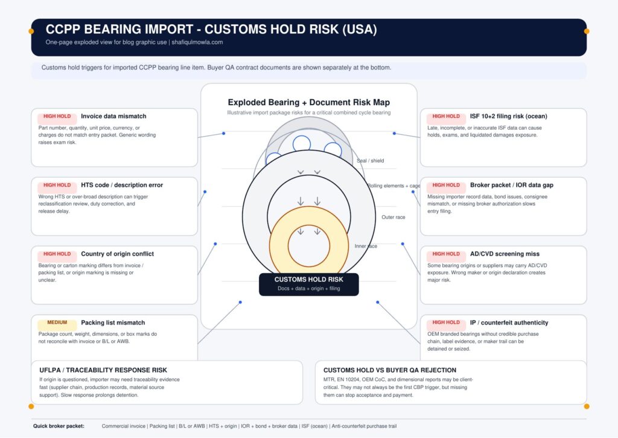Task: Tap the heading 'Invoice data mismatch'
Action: pyautogui.click(x=113, y=117)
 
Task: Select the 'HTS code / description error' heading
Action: pyautogui.click(x=122, y=185)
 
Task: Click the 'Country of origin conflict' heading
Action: pyautogui.click(x=118, y=254)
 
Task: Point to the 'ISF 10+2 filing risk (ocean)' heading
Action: pyautogui.click(x=508, y=117)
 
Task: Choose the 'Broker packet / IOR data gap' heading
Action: pyautogui.click(x=512, y=185)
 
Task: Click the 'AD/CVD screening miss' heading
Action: pyautogui.click(x=505, y=254)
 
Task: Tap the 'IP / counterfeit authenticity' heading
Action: pyautogui.click(x=509, y=323)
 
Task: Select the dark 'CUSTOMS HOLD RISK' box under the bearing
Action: pyautogui.click(x=308, y=284)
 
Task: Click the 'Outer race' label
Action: pyautogui.click(x=393, y=217)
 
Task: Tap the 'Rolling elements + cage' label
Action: pyautogui.click(x=393, y=185)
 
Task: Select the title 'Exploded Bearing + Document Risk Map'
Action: pyautogui.click(x=309, y=103)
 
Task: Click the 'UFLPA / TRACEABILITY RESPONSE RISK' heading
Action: pyautogui.click(x=103, y=370)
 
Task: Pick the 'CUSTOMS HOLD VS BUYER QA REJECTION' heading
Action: pyautogui.click(x=390, y=370)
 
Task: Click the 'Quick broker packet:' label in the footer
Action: pyautogui.click(x=59, y=426)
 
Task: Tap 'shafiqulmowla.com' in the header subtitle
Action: pyautogui.click(x=197, y=42)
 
